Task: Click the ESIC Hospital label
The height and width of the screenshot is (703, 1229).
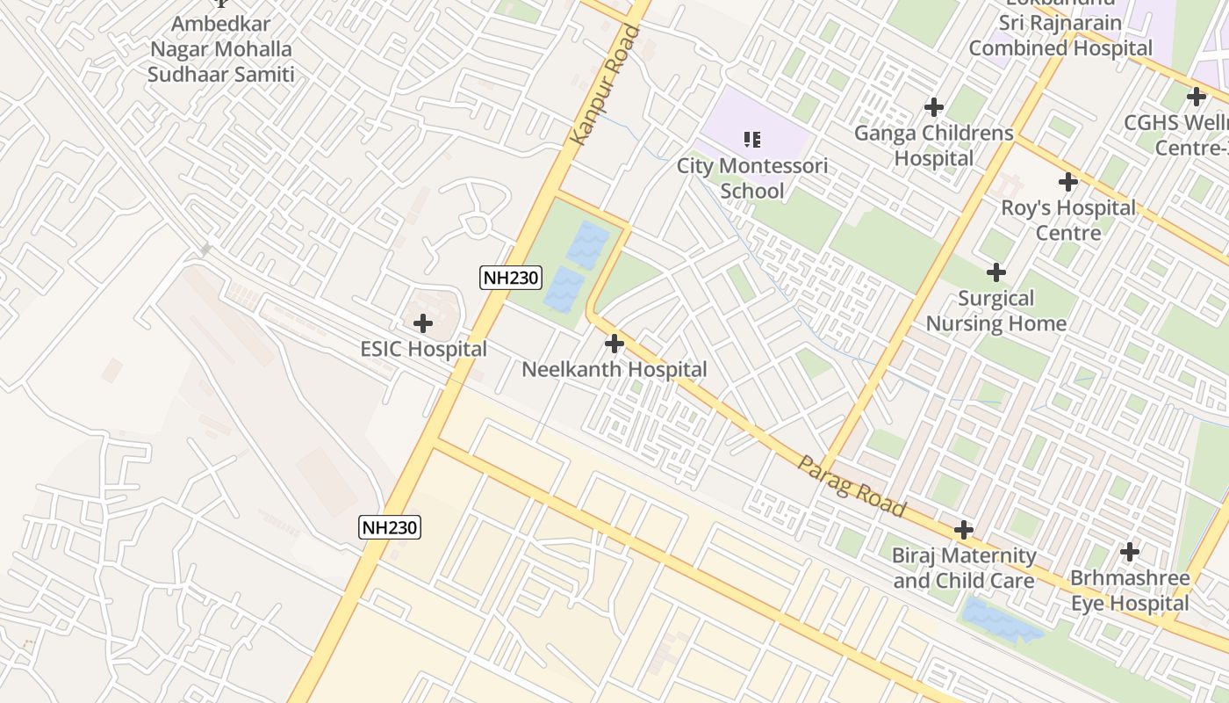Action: coord(423,349)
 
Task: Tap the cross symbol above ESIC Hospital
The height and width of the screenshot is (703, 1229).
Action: coord(423,323)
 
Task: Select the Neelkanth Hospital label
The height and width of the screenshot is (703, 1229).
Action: coord(614,370)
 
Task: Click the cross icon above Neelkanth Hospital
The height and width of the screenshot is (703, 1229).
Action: coord(614,344)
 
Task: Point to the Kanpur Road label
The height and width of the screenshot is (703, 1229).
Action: coord(606,86)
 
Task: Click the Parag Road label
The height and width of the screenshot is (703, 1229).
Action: coord(852,486)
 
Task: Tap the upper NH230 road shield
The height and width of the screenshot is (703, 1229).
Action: coord(511,279)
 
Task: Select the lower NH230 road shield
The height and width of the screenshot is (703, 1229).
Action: coord(391,527)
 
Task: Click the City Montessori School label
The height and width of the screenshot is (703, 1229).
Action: coord(751,178)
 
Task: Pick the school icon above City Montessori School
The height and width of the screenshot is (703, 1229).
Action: coord(751,139)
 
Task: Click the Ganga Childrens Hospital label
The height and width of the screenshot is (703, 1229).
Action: coord(934,146)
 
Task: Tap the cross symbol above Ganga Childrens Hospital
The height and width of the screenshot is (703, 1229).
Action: coord(934,107)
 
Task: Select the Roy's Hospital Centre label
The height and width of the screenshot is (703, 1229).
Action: coord(1068,221)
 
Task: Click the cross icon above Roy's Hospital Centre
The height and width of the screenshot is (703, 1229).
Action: coord(1068,183)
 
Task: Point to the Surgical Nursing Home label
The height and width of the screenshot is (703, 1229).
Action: coord(996,311)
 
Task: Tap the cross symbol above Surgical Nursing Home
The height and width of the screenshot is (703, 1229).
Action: coord(996,272)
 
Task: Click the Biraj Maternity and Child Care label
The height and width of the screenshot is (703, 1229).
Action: coord(964,568)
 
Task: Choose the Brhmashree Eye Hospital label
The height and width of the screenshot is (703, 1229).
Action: coord(1130,591)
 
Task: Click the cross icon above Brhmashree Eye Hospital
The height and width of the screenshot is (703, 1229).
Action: coord(1130,552)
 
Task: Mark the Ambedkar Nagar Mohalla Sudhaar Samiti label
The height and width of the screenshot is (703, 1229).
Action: coord(220,49)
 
